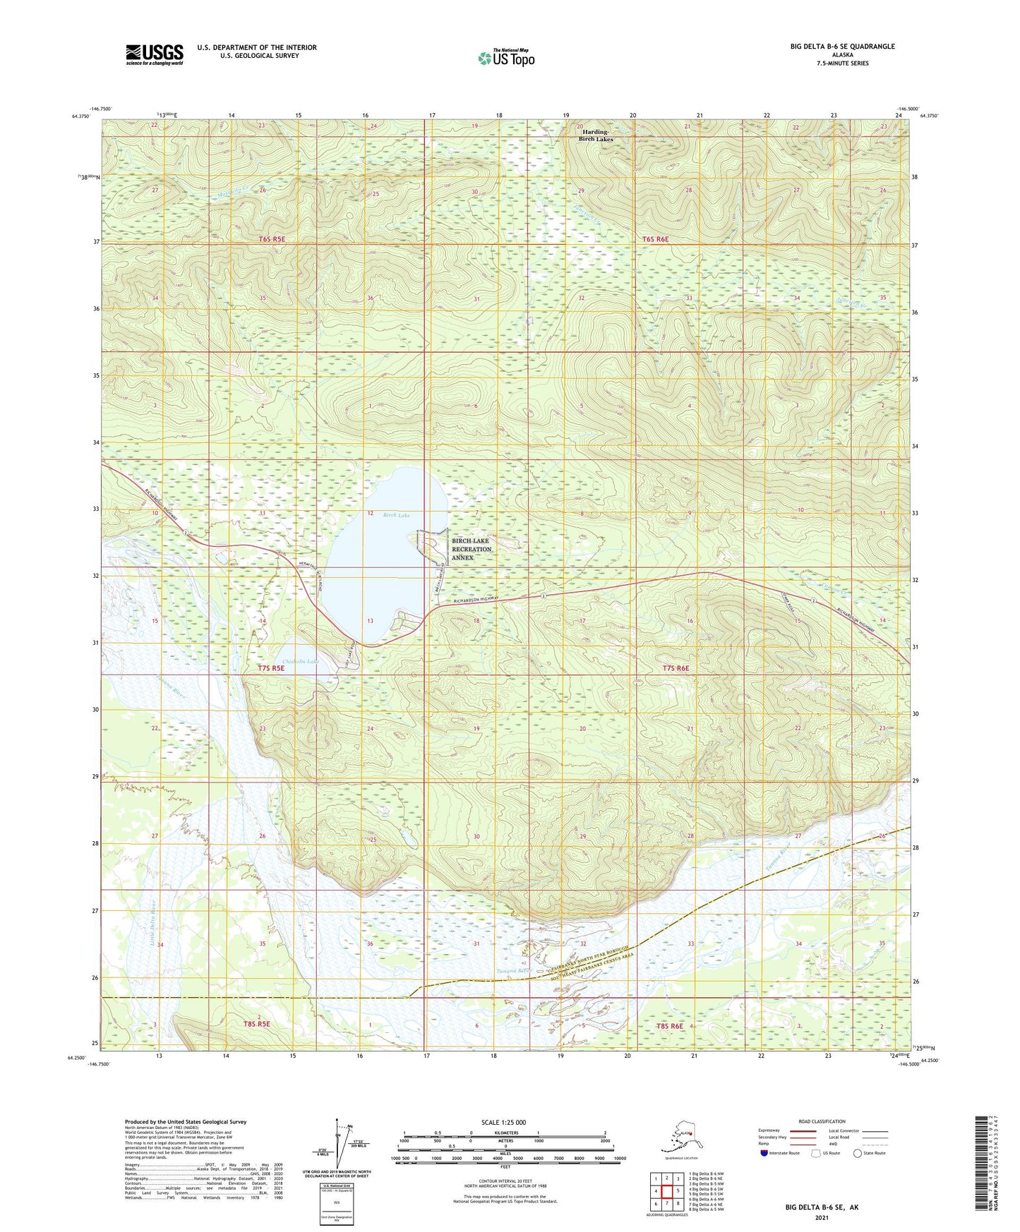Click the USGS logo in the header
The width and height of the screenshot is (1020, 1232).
pyautogui.click(x=155, y=54)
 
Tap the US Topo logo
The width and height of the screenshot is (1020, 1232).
pyautogui.click(x=505, y=58)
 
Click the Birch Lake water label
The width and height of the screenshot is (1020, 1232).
pyautogui.click(x=396, y=515)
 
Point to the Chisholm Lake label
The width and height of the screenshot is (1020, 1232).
pyautogui.click(x=301, y=661)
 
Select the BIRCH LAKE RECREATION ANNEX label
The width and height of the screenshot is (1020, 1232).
pyautogui.click(x=471, y=549)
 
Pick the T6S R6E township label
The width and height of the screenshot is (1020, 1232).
pyautogui.click(x=655, y=239)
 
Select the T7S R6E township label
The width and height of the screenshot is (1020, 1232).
pyautogui.click(x=675, y=668)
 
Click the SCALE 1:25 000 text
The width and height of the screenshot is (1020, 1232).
pyautogui.click(x=503, y=1122)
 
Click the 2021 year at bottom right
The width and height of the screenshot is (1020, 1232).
pyautogui.click(x=821, y=1218)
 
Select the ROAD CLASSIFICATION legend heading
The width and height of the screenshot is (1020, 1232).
pyautogui.click(x=822, y=1121)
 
